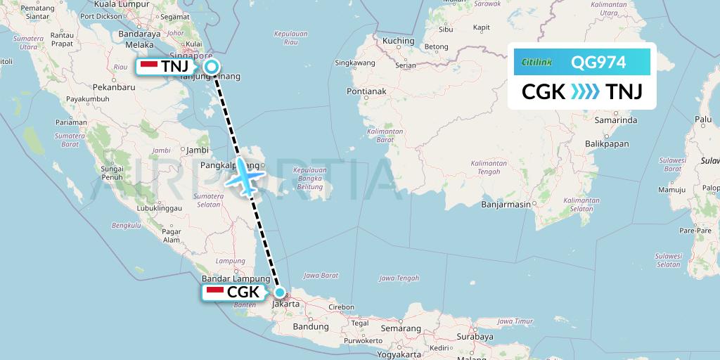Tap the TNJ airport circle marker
pyautogui.click(x=211, y=67)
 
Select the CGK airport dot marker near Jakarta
pyautogui.click(x=280, y=292)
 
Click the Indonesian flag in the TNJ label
pyautogui.click(x=149, y=66)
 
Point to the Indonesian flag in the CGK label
pyautogui.click(x=215, y=292)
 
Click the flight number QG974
pyautogui.click(x=598, y=62)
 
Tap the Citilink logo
pyautogui.click(x=537, y=63)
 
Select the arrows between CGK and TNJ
pyautogui.click(x=585, y=92)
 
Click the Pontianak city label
pyautogui.click(x=367, y=91)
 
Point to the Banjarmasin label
pyautogui.click(x=506, y=205)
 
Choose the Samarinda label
pyautogui.click(x=615, y=121)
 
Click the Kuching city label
pyautogui.click(x=399, y=41)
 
